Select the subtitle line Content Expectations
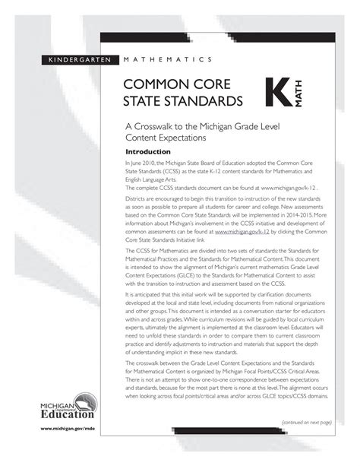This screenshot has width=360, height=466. coord(172,138)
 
